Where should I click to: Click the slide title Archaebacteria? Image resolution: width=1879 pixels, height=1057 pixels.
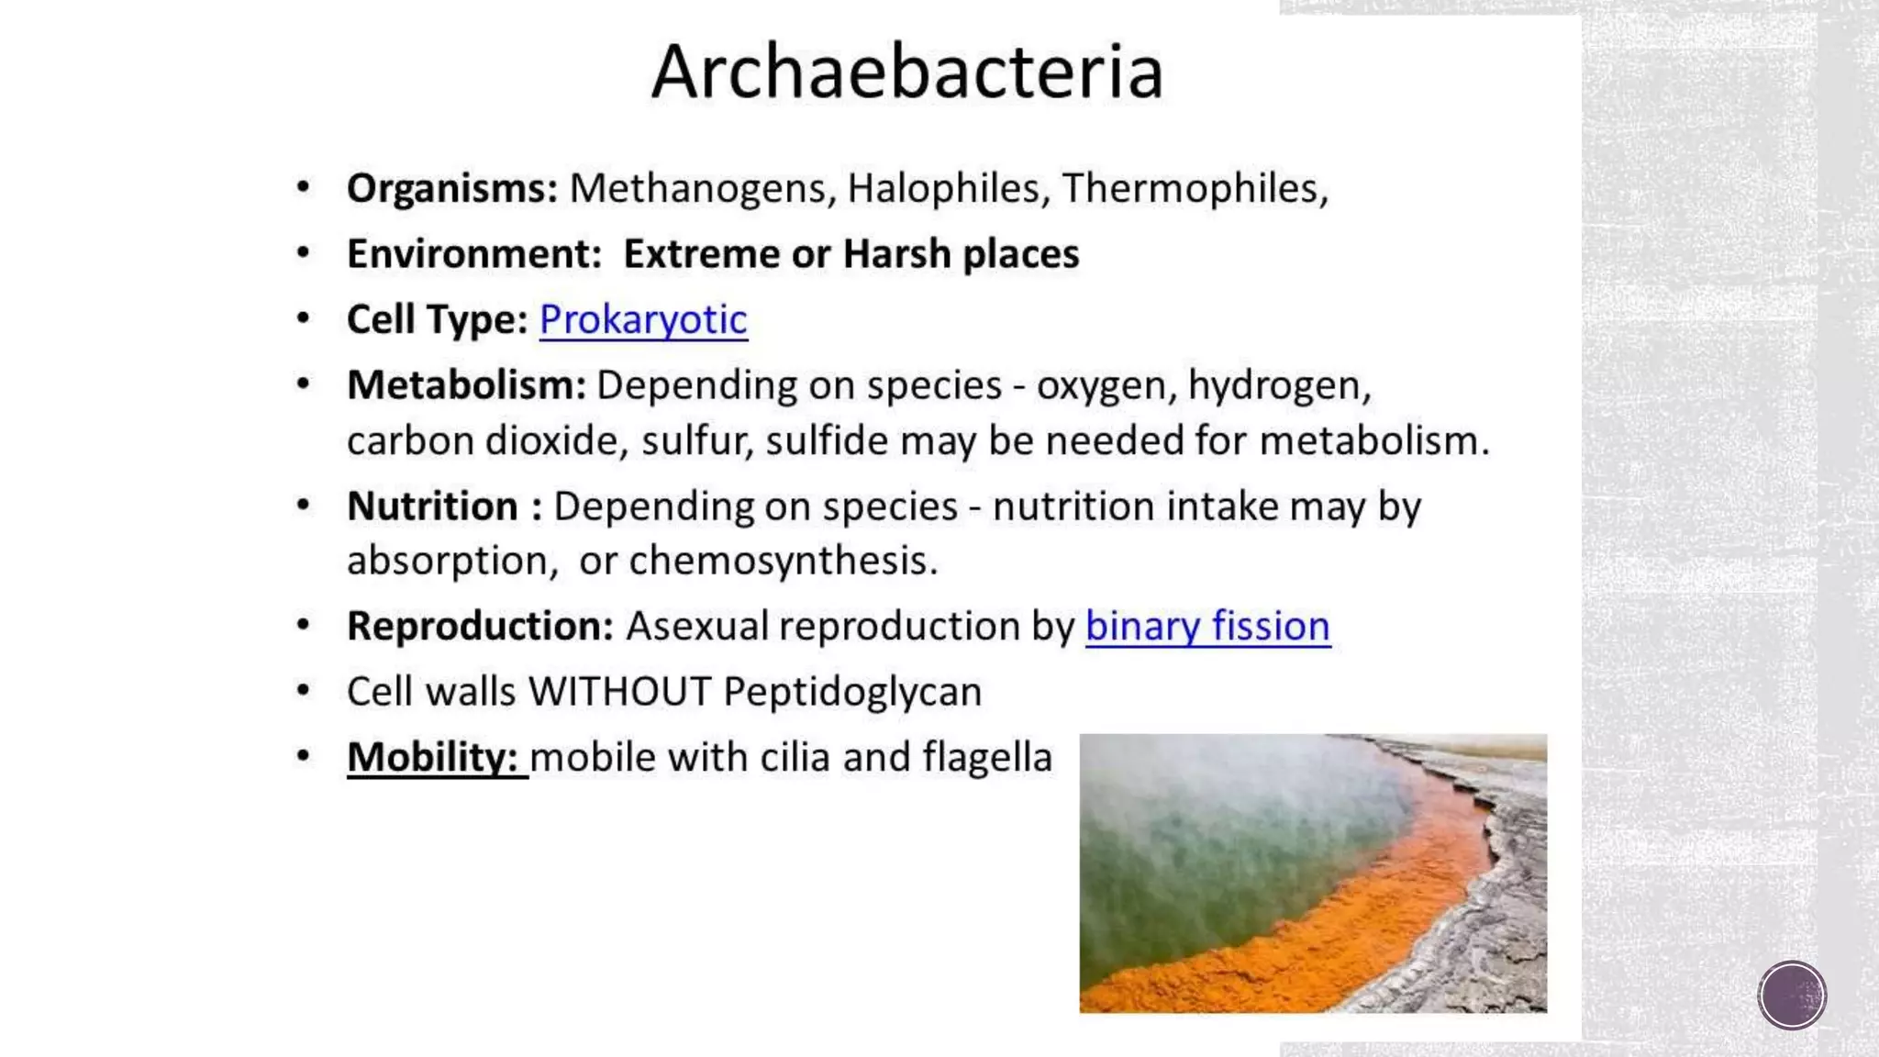(x=907, y=72)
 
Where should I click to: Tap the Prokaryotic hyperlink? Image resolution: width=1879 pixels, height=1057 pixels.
(x=643, y=320)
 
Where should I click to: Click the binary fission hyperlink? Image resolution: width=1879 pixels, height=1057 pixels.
(x=1207, y=627)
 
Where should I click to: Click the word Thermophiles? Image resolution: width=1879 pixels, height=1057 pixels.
(x=1190, y=189)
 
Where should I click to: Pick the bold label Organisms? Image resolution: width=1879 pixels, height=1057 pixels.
(x=452, y=189)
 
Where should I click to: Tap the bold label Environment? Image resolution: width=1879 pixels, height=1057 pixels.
(x=473, y=254)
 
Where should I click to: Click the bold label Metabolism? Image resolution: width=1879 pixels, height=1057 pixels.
(x=466, y=385)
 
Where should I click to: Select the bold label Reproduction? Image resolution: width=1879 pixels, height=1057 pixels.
(x=480, y=627)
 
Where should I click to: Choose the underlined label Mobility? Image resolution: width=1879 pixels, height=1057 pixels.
(x=434, y=758)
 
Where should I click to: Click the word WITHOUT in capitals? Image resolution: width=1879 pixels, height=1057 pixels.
(x=620, y=692)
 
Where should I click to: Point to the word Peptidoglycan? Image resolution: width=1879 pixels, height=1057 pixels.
(x=852, y=692)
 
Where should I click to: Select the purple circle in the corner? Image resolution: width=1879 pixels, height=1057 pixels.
(x=1792, y=996)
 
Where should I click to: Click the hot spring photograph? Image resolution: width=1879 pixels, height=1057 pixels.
(x=1313, y=873)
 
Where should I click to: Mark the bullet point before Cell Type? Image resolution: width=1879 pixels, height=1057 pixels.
(x=304, y=319)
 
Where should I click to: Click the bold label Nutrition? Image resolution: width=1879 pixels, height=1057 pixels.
(x=432, y=506)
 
